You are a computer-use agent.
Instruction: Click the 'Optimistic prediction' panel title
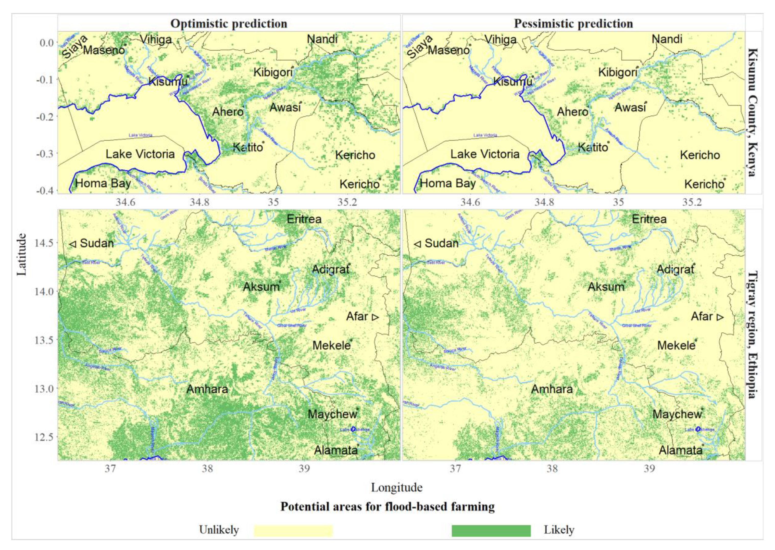tap(229, 24)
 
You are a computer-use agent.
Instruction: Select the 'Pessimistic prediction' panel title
tap(573, 24)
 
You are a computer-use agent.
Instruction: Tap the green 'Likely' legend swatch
tap(491, 530)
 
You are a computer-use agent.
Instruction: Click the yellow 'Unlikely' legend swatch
tap(293, 530)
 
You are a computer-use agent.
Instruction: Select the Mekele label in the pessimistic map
tap(676, 345)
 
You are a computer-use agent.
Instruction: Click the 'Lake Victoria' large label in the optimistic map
tap(140, 154)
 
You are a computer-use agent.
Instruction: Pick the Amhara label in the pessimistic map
tap(552, 389)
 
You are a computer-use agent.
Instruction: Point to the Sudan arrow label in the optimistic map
tap(92, 243)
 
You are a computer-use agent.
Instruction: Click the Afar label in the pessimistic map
tap(707, 317)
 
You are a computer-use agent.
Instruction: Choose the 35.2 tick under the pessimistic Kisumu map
tap(692, 202)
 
